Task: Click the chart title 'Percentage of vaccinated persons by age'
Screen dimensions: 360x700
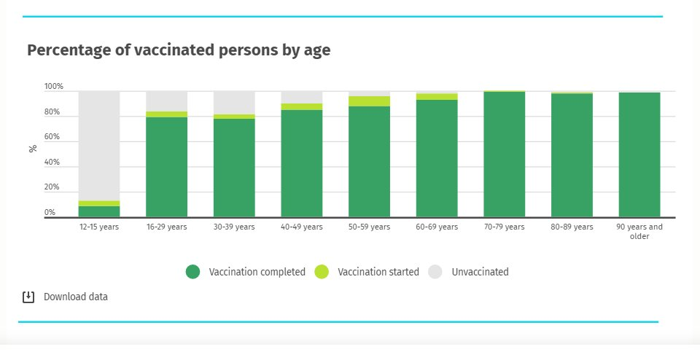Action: pos(179,50)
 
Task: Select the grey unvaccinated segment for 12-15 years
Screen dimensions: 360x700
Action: pos(99,146)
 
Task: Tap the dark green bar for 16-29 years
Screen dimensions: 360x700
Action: pos(166,167)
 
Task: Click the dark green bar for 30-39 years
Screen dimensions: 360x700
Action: pos(234,168)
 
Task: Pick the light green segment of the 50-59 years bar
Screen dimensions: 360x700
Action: pos(369,101)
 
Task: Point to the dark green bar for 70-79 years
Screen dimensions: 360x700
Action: pos(504,154)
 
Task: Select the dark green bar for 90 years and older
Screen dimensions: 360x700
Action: pos(639,155)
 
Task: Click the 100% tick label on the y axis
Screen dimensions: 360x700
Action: pos(54,87)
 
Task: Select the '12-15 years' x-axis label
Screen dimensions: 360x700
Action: pos(99,227)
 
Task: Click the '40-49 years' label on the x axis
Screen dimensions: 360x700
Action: pos(302,227)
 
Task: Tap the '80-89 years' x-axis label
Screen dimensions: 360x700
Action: pos(572,227)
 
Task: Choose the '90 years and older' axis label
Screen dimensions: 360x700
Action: pos(639,231)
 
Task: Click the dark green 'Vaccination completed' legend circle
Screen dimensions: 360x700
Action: pos(192,272)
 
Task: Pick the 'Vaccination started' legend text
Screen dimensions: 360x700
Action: pos(378,272)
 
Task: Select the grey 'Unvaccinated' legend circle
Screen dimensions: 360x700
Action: pos(435,272)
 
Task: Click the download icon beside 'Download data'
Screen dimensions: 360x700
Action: pos(28,297)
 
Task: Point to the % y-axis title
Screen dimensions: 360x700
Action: pos(33,149)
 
